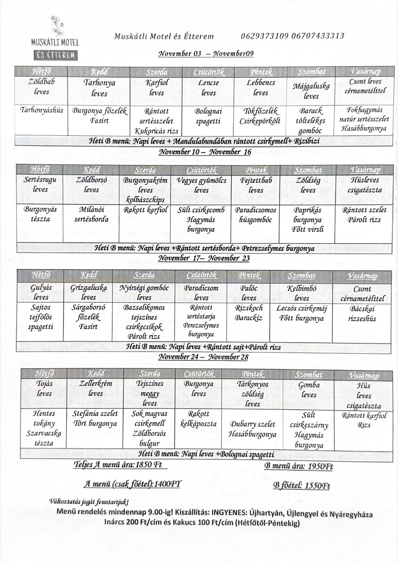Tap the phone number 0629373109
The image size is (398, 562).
265,36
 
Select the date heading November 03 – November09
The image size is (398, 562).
206,54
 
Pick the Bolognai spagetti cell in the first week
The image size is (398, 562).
208,116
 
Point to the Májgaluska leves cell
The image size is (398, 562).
311,91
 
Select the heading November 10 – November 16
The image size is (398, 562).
205,152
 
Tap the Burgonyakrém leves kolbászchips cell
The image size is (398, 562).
145,190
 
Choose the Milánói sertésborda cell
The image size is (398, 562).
91,214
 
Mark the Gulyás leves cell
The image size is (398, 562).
41,292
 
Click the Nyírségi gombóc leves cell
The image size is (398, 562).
144,293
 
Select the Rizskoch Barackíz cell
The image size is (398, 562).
249,313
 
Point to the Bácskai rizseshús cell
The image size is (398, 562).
363,314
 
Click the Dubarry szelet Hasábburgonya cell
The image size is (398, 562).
252,429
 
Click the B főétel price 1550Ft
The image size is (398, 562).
317,486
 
